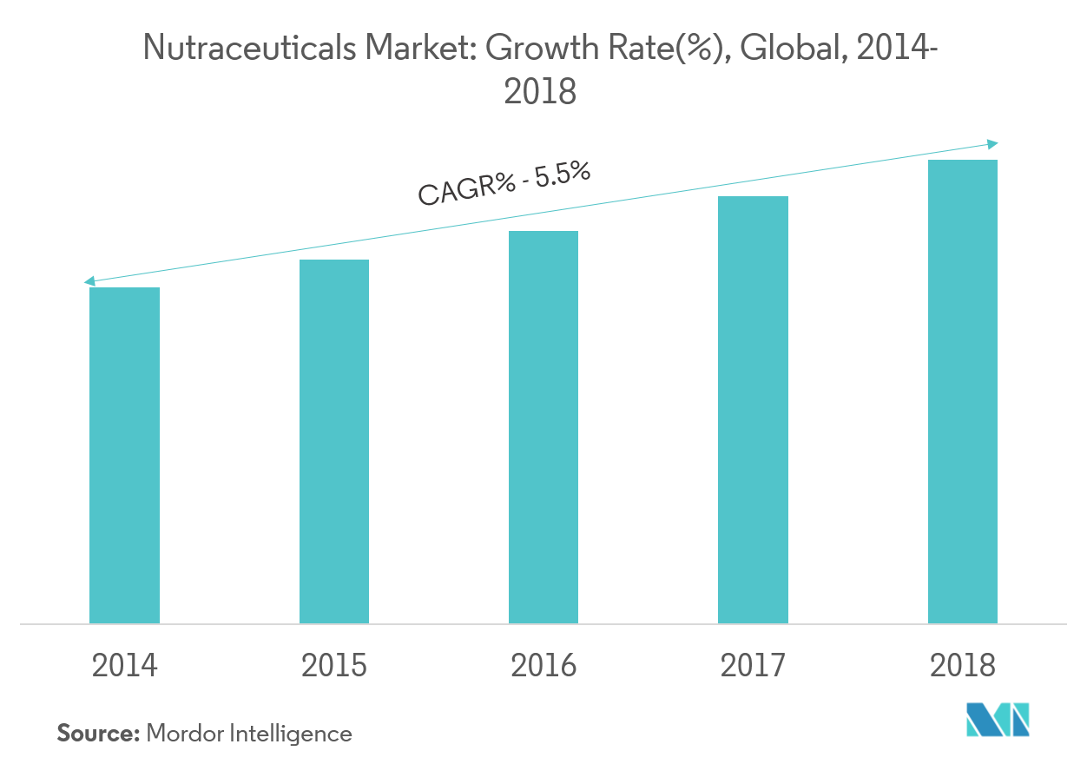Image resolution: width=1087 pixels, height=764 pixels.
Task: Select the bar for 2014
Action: coord(124,455)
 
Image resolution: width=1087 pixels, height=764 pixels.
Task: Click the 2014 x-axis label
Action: coord(125,666)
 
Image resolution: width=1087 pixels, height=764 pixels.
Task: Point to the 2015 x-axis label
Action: coord(334,666)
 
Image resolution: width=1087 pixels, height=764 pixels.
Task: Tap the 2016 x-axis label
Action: coord(543,666)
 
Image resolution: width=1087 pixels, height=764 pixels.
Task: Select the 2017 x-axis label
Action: coord(753,666)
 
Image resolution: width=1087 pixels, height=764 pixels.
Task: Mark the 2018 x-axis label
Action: coord(963,666)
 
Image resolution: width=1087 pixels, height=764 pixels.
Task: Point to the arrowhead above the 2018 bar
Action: coord(993,144)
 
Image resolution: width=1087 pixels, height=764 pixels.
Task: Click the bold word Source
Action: coord(98,734)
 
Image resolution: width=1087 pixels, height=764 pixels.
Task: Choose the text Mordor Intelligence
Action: coord(250,734)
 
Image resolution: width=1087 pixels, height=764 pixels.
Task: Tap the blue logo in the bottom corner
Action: coord(998,720)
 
